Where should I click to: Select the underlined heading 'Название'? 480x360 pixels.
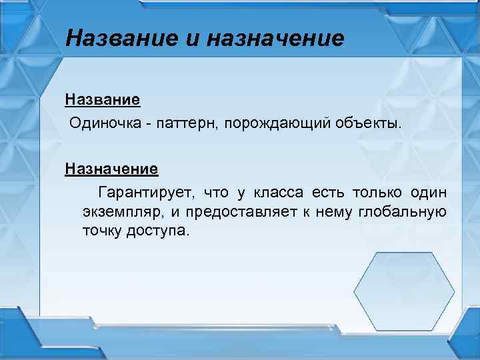(102, 100)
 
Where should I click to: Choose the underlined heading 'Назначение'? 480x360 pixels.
(111, 168)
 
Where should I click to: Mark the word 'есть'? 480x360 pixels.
(325, 193)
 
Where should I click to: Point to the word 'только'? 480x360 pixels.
(375, 193)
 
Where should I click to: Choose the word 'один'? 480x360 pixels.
(429, 193)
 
